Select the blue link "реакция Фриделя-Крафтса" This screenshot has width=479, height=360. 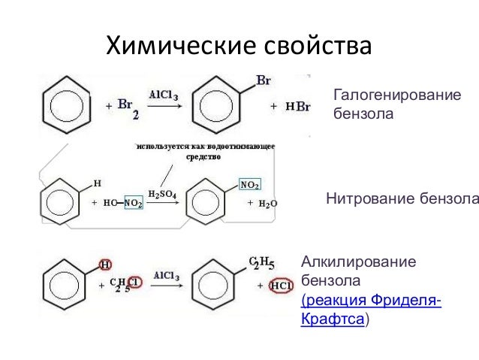(x=371, y=310)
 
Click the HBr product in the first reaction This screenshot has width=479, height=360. (x=298, y=107)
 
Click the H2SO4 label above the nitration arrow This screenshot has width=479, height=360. (x=161, y=193)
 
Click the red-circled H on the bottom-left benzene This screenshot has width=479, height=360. (x=106, y=265)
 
